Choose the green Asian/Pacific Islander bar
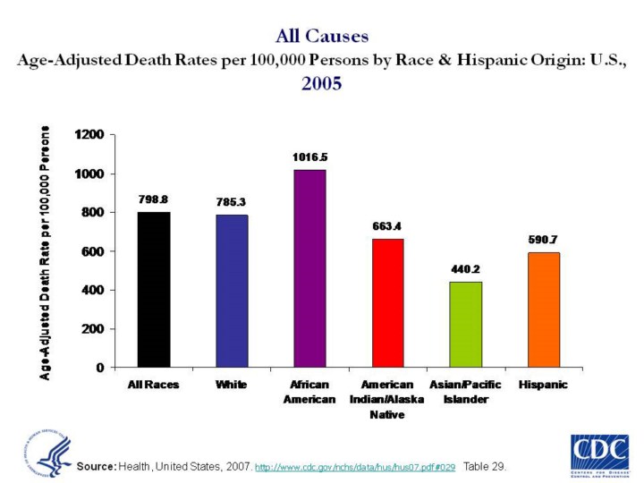click(466, 324)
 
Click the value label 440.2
click(466, 269)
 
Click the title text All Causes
click(322, 37)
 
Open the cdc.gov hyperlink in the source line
click(355, 467)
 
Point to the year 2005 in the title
click(322, 85)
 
